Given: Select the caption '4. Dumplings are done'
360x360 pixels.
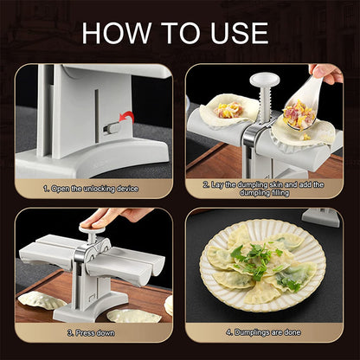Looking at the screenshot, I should [x=264, y=331].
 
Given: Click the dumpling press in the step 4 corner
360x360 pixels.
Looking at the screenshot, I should [x=324, y=217].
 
